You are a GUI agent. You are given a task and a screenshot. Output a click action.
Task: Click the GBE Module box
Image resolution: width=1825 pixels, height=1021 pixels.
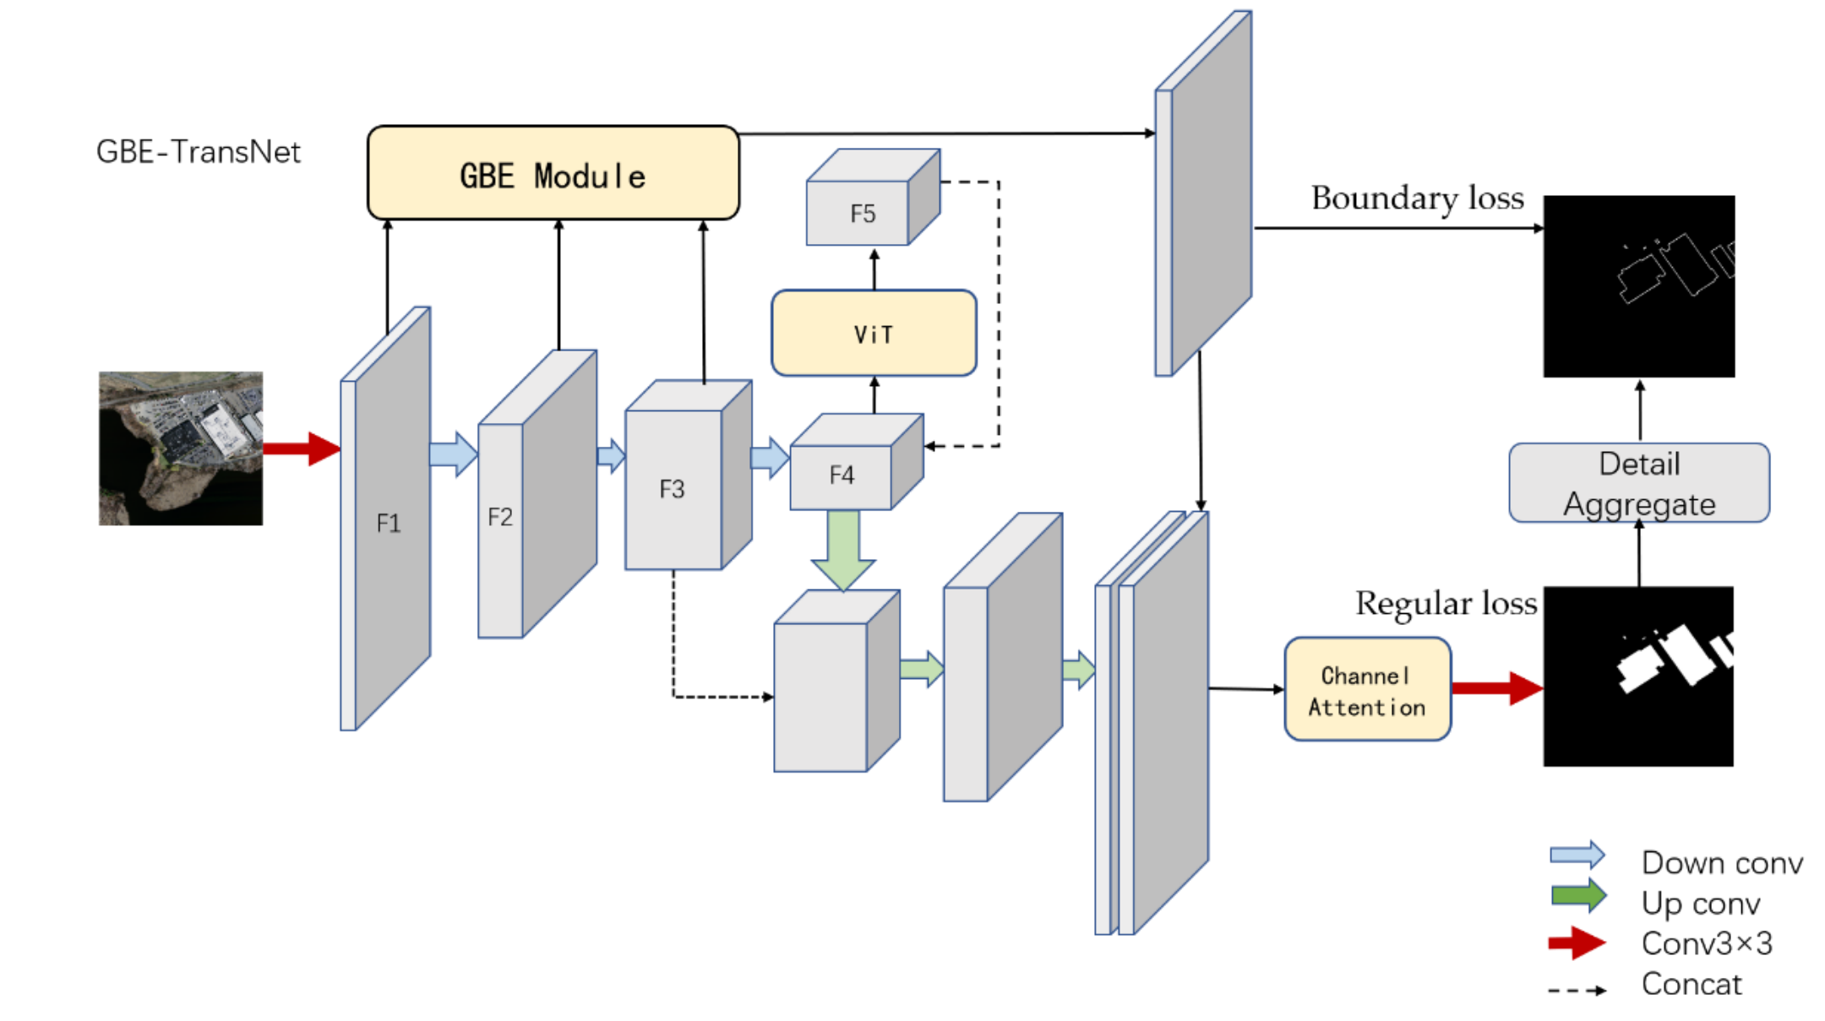pos(553,174)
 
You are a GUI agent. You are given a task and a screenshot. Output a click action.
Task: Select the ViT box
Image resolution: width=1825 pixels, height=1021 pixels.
pos(874,334)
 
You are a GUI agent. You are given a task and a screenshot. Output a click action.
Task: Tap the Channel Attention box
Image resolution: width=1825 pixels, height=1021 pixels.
pos(1367,690)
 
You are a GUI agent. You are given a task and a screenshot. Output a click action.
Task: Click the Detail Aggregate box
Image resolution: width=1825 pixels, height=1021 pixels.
pos(1638,483)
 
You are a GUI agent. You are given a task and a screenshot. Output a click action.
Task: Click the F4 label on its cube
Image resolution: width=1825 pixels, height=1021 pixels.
pos(842,475)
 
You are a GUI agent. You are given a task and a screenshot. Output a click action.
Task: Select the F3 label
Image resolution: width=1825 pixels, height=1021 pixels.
pos(672,489)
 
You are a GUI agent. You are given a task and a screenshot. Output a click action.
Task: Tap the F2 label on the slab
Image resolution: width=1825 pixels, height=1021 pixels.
pos(500,517)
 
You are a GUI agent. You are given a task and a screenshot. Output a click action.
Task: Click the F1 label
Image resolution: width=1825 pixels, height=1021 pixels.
pos(388,524)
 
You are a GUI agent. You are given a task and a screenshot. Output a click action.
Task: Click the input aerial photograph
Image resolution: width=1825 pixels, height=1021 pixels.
pos(180,448)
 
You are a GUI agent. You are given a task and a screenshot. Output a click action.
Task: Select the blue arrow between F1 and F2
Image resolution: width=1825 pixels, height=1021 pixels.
pos(453,454)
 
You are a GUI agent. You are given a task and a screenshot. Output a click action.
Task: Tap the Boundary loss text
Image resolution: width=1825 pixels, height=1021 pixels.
pos(1417,198)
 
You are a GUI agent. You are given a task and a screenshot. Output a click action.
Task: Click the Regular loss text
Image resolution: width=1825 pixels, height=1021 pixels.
pos(1446,604)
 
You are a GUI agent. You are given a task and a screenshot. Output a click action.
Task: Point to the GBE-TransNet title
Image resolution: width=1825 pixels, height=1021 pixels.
pos(198,152)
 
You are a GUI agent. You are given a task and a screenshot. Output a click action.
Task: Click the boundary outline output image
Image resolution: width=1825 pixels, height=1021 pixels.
pos(1638,286)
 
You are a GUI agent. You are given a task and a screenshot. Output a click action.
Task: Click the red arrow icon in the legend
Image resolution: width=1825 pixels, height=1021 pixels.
pos(1577,942)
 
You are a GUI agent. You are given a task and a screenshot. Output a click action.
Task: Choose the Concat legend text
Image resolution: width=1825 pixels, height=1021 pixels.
pos(1691,984)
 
